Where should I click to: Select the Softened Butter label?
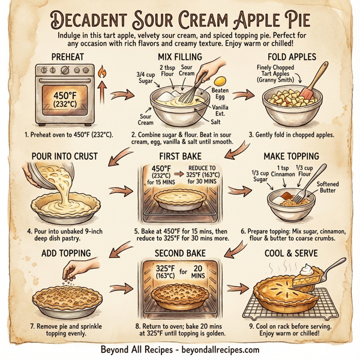coord(328,188)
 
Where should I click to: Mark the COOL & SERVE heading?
coord(290,253)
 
